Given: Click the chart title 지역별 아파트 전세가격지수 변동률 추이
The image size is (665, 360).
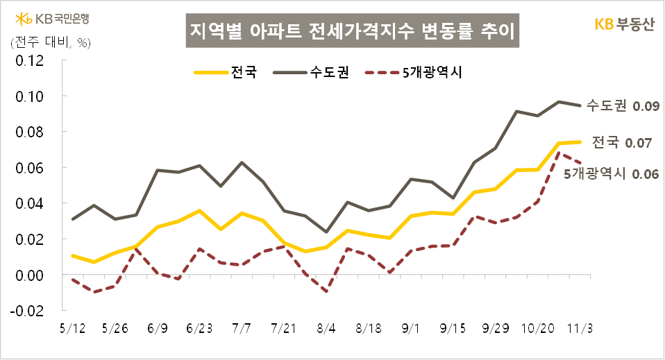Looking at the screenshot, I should click(354, 32).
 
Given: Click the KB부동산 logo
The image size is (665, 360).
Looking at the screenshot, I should click(623, 24).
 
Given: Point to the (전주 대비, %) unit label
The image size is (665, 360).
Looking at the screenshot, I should click(47, 42).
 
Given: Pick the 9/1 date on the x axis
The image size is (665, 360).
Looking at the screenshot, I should click(414, 327).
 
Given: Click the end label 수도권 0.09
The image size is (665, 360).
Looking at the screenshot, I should click(622, 106).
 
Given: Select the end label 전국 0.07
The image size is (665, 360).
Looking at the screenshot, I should click(621, 143).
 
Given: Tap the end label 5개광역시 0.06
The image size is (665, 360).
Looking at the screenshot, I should click(611, 174).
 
